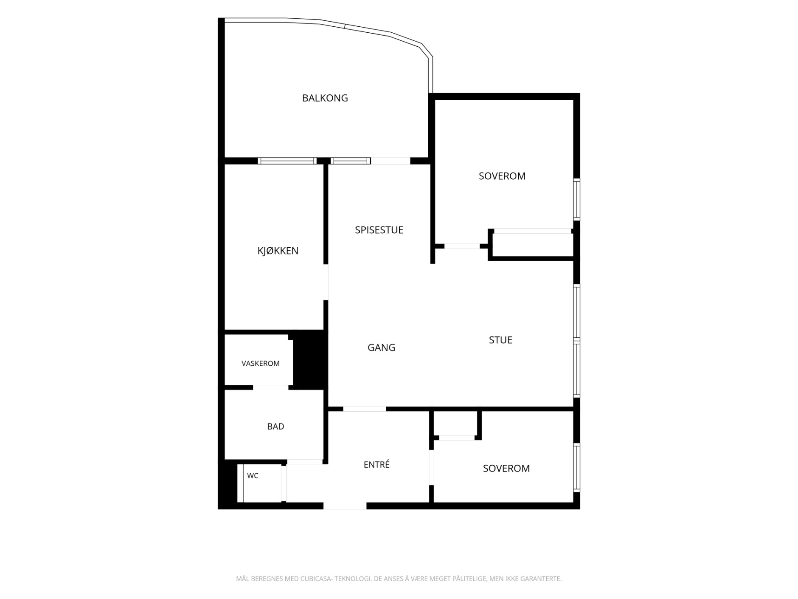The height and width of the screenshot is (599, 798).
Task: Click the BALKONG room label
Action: tap(325, 98)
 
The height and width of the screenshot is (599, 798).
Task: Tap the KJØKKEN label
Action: tap(278, 251)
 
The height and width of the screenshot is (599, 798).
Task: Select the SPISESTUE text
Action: tap(379, 230)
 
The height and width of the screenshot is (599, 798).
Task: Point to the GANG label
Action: tap(381, 348)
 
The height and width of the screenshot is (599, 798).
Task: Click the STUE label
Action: tap(500, 340)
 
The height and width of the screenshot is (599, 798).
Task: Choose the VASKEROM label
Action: tap(261, 364)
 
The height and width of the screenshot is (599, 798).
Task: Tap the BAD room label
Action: tap(275, 427)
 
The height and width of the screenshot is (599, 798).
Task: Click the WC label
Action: tap(253, 476)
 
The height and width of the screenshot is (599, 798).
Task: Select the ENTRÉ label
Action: tap(377, 464)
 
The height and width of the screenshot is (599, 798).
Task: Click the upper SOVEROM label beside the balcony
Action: tap(502, 176)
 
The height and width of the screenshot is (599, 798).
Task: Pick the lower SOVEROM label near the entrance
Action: tap(506, 468)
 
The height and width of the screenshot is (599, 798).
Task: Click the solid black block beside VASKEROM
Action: tap(310, 359)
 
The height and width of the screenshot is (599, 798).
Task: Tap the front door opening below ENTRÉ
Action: tap(345, 506)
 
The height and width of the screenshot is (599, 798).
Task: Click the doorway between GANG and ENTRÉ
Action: tap(365, 409)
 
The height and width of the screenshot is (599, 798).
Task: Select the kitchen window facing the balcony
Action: tap(287, 161)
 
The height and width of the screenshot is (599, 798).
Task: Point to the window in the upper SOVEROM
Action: tap(576, 200)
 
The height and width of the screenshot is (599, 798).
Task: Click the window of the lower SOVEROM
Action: tap(576, 468)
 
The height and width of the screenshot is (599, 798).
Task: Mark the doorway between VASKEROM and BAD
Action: tap(271, 387)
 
